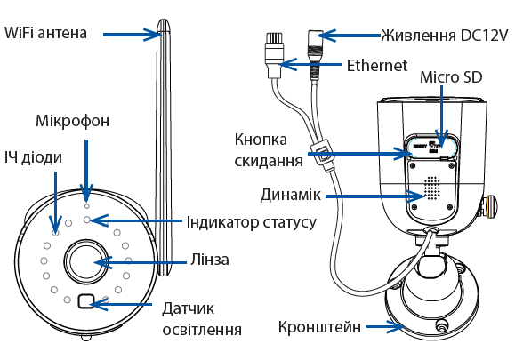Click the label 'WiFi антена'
click(x=45, y=33)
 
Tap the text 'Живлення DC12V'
click(x=445, y=36)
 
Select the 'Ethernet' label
click(x=377, y=66)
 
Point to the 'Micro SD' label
click(x=451, y=77)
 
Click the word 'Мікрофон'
click(x=72, y=121)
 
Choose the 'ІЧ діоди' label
click(x=33, y=157)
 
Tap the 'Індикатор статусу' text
click(x=252, y=222)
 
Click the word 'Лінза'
click(x=210, y=260)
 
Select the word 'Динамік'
click(x=291, y=195)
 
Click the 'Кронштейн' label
click(x=319, y=327)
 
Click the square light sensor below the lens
click(x=86, y=301)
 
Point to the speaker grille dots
click(x=432, y=188)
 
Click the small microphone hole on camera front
click(x=87, y=206)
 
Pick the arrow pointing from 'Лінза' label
click(x=141, y=262)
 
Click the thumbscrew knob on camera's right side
click(x=490, y=205)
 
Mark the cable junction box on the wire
click(x=322, y=155)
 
